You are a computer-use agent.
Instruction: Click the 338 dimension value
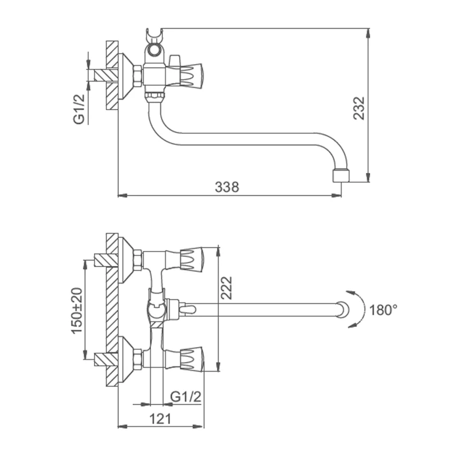point(227,186)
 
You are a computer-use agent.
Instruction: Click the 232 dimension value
point(359,107)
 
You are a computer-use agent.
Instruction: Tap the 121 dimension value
point(161,418)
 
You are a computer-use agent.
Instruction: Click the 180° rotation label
point(383,310)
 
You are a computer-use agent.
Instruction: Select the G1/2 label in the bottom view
point(186,397)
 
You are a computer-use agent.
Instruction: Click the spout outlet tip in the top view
point(340,174)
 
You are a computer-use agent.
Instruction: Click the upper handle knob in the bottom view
point(192,259)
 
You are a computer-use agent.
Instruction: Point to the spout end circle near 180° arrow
point(342,310)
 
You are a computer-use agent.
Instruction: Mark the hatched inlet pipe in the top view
point(101,74)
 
